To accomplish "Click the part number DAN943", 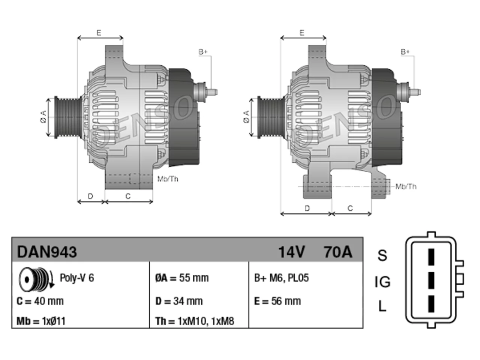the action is [x=47, y=252].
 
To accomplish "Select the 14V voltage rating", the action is [x=291, y=252].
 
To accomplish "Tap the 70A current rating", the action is [x=338, y=252].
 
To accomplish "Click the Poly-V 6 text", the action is [x=77, y=278].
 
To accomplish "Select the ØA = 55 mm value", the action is [x=182, y=278].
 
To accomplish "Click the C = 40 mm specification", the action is [x=40, y=301].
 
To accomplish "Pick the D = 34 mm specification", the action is [x=179, y=301].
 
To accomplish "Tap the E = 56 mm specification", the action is [x=277, y=301].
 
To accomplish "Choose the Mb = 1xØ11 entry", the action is [x=41, y=321].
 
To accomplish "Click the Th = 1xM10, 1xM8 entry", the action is [x=195, y=321].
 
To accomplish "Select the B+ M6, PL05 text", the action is [x=282, y=278].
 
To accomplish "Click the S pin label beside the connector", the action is [x=382, y=255].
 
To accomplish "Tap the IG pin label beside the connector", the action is [x=382, y=282].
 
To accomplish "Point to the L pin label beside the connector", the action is [x=382, y=306].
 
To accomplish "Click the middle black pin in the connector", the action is [x=431, y=280].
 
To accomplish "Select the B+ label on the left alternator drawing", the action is [x=203, y=52].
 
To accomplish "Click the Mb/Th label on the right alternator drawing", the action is [x=406, y=186].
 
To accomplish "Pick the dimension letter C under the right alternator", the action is [x=350, y=208].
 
